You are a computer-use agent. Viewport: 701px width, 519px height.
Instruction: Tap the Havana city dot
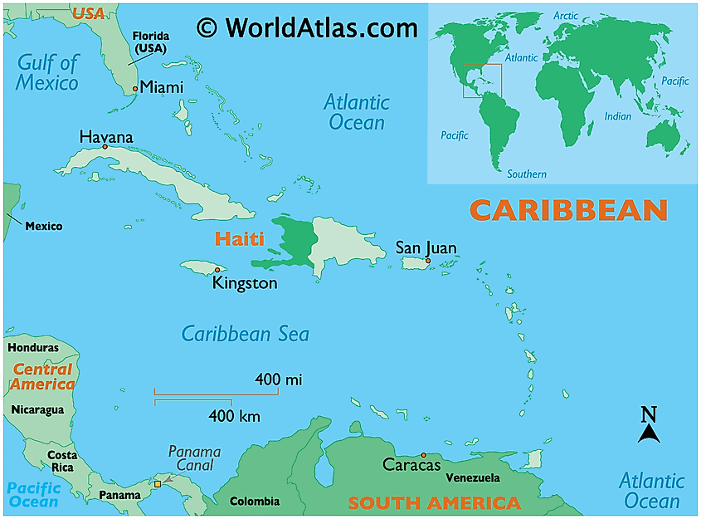[x=105, y=147]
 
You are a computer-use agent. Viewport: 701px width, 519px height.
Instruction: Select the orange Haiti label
[x=239, y=239]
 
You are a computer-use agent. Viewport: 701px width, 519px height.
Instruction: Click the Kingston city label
[x=245, y=283]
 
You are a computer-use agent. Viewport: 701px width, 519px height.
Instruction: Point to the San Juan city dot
[x=427, y=261]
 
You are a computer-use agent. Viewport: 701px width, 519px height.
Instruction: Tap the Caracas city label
[x=411, y=465]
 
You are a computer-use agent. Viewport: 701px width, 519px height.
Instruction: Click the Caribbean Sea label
[x=246, y=334]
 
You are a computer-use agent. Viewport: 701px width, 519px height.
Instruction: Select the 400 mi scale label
[x=279, y=379]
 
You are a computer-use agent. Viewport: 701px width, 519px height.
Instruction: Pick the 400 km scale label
[x=232, y=415]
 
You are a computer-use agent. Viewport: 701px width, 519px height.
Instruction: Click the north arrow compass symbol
[x=649, y=424]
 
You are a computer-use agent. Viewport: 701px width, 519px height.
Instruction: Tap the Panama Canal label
[x=195, y=458]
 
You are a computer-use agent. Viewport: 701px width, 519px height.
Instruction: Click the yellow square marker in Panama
[x=158, y=483]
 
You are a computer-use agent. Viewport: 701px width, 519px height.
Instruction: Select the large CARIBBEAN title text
[x=568, y=210]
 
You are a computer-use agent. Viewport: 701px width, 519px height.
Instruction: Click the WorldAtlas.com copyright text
[x=307, y=28]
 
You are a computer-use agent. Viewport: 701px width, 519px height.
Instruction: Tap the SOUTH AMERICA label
[x=434, y=503]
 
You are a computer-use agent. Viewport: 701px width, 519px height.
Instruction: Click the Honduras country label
[x=33, y=348]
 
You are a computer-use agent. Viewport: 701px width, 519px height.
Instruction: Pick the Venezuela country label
[x=473, y=478]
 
